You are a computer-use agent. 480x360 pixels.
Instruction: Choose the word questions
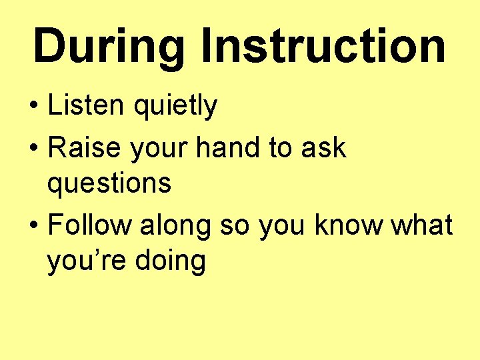109,184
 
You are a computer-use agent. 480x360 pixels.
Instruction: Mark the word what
422,226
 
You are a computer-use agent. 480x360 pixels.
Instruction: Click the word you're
86,262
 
